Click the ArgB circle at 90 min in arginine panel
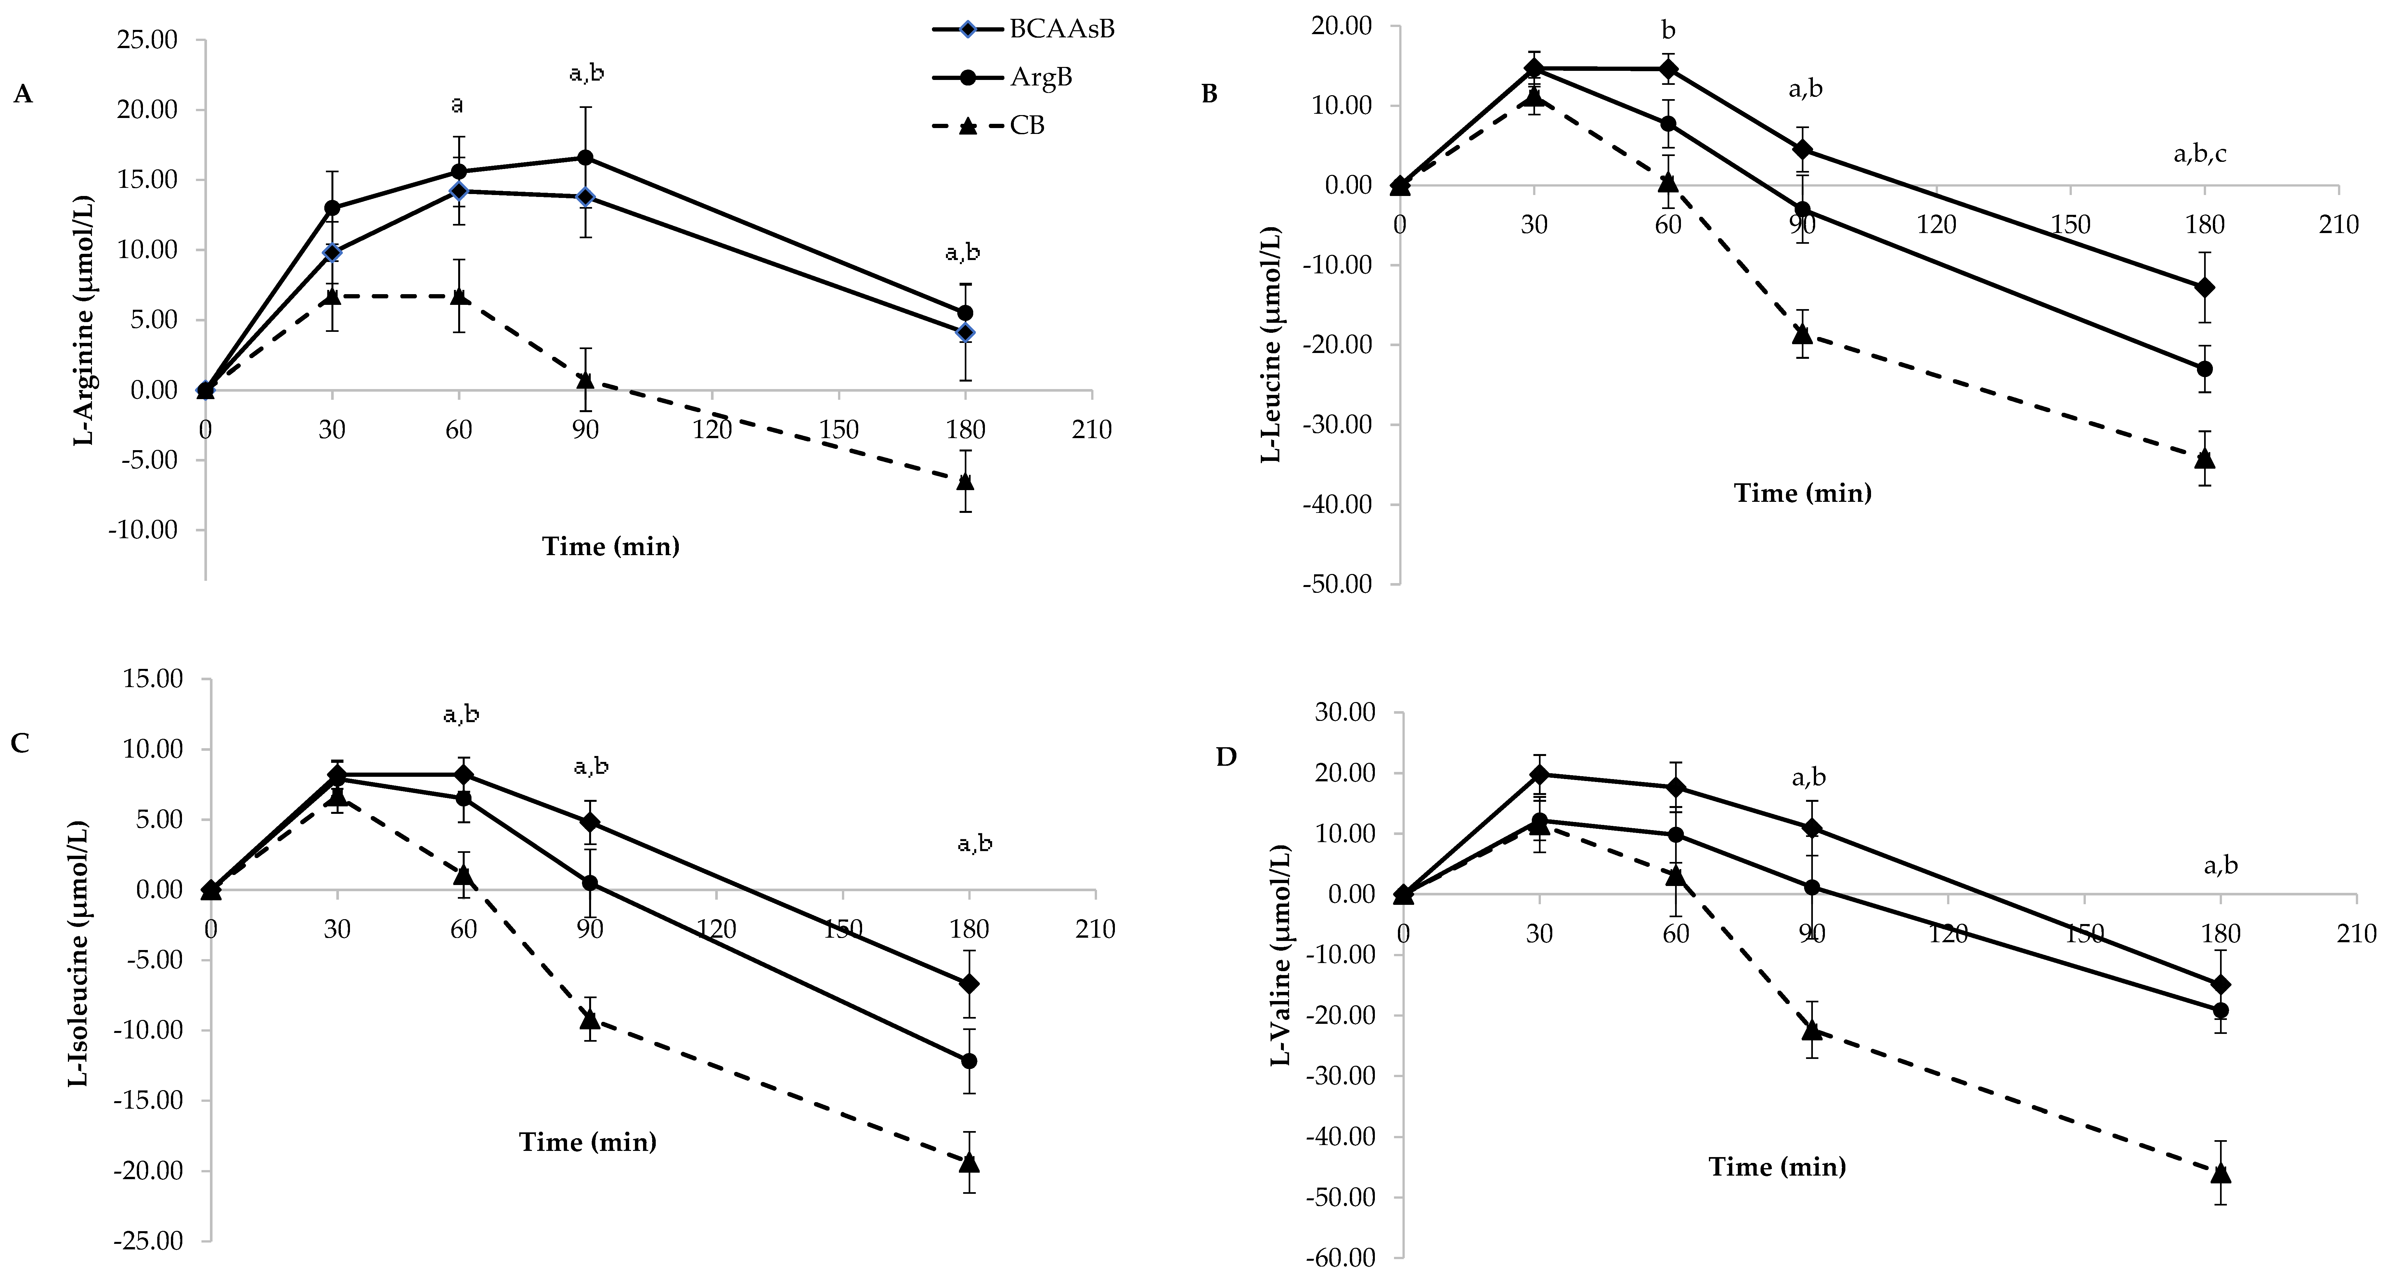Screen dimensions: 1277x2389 tap(585, 158)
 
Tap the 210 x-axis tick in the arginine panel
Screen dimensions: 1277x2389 tap(1091, 430)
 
